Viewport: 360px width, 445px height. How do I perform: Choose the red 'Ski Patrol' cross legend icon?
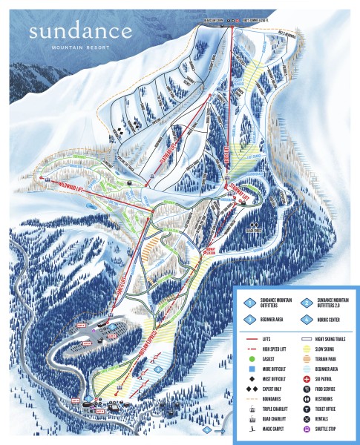pos(307,378)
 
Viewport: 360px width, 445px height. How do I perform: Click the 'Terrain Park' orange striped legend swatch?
pos(307,359)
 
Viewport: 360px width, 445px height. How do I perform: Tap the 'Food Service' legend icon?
pos(307,388)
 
